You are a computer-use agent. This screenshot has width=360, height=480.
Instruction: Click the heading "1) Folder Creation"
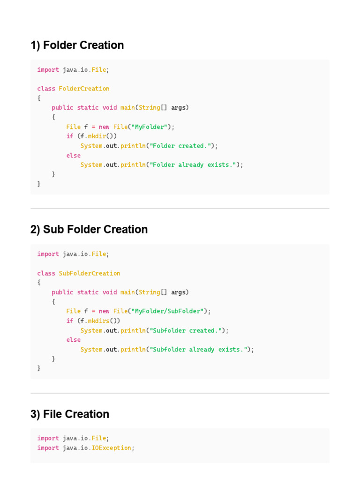point(77,45)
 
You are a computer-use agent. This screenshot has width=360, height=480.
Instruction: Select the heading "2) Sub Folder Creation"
point(89,230)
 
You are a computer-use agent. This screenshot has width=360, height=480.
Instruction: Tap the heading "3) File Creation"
point(70,414)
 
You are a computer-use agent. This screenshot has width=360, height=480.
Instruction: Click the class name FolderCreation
point(84,89)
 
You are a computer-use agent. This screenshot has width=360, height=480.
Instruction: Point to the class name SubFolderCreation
point(90,273)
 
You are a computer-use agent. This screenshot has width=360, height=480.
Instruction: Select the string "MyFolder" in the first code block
point(149,127)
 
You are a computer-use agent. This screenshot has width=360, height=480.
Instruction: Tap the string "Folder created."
point(180,146)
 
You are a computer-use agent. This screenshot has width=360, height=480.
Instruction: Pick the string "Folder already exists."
point(193,165)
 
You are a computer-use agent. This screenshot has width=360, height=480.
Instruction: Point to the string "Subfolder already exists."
point(198,350)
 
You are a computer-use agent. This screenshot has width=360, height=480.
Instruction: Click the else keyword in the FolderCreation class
point(73,156)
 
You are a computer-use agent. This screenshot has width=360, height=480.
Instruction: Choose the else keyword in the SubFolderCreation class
point(73,340)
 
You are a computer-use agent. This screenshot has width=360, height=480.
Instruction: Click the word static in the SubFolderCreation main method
point(88,292)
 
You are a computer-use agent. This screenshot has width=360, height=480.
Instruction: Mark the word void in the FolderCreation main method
point(109,108)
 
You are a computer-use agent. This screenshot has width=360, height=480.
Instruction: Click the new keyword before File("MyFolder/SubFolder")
point(104,311)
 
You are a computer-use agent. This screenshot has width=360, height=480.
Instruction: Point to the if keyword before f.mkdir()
point(69,136)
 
